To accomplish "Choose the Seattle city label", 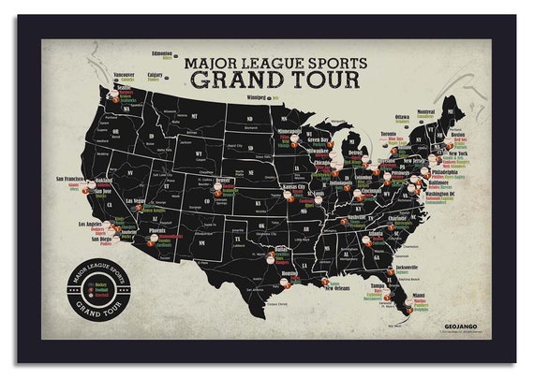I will pos(124,88).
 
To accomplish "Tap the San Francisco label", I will pos(72,178).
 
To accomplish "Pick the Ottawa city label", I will pos(401,117).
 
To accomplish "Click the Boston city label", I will pos(458,134).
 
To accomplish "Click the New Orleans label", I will pos(336,288).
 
